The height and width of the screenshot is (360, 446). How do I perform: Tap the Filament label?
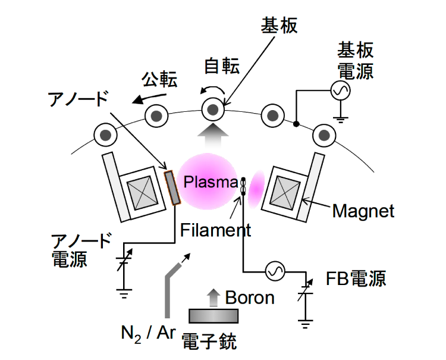pos(215,229)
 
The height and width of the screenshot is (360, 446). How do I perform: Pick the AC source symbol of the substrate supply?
pos(340,90)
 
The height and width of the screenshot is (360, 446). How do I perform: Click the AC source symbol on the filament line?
pos(275,272)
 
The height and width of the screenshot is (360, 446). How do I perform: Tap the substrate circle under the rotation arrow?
pos(213,109)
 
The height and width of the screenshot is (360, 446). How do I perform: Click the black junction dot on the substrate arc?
pos(297,124)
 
